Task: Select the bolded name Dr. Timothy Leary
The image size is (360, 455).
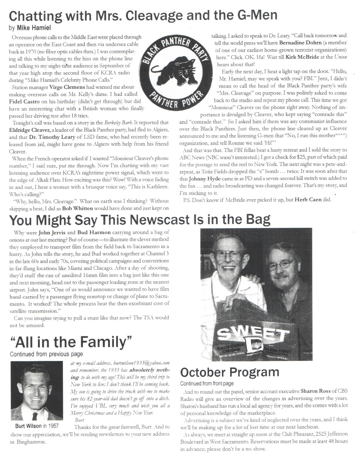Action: pos(52,137)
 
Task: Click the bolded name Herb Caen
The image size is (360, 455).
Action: pos(313,200)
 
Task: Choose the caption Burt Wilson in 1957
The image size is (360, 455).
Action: pos(37,426)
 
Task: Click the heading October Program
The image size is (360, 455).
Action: pos(230,372)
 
